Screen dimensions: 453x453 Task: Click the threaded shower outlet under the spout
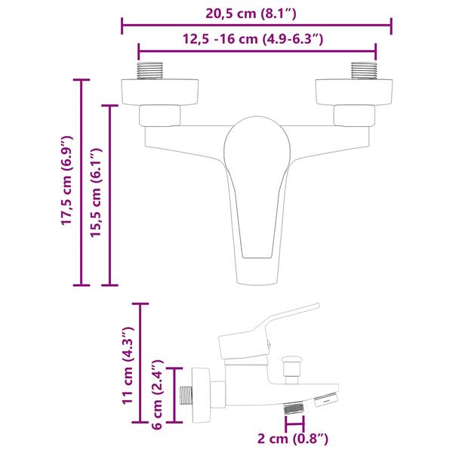(294, 408)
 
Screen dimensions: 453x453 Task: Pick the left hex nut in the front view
(161, 115)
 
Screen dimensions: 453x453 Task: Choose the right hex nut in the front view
(354, 115)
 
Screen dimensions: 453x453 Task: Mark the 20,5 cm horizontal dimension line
(257, 26)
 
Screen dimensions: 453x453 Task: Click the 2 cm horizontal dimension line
(294, 424)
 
